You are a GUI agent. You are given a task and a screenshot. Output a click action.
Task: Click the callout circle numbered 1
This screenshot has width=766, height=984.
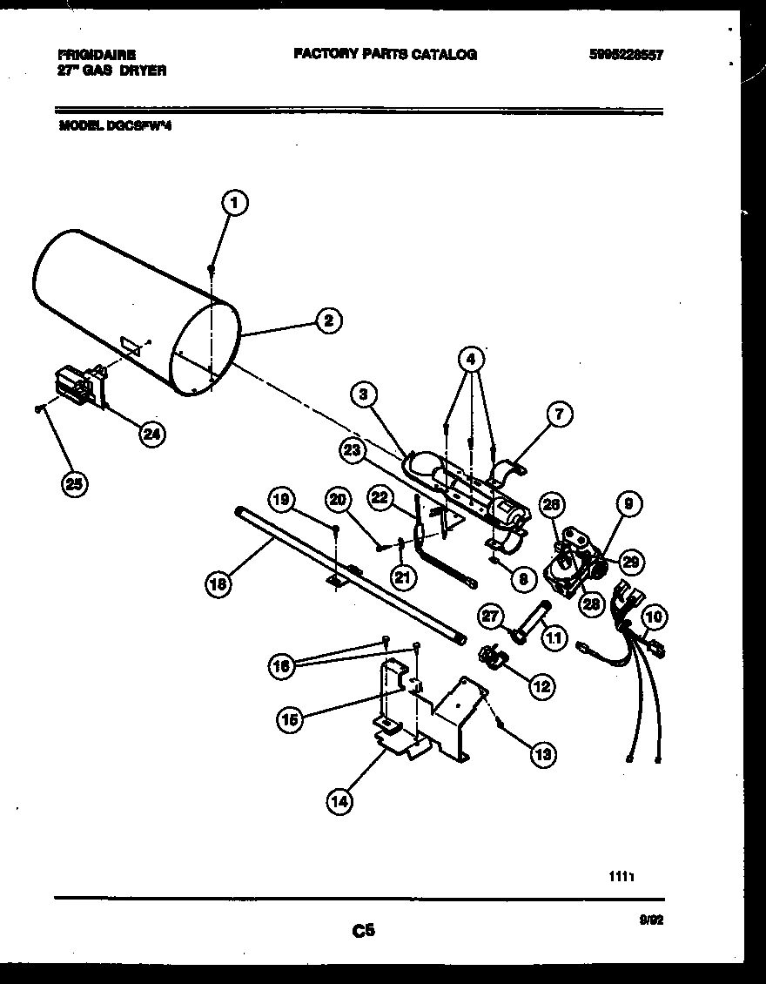(x=233, y=204)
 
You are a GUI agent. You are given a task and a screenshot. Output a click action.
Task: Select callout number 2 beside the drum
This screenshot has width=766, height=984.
(x=328, y=321)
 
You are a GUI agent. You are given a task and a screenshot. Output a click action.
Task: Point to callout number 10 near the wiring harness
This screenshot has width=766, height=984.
(x=655, y=617)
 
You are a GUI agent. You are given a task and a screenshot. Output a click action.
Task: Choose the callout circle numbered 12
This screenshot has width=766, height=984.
(x=541, y=687)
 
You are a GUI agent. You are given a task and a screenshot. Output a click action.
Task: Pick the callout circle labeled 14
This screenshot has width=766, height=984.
(x=340, y=802)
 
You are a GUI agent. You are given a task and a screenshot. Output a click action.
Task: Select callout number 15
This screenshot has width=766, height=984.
(x=292, y=719)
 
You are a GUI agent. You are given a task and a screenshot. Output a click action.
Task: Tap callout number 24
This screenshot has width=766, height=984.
(x=152, y=435)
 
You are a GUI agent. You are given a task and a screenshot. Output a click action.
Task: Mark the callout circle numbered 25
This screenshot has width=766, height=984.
(x=75, y=484)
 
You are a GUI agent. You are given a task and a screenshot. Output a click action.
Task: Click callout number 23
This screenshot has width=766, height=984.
(x=352, y=449)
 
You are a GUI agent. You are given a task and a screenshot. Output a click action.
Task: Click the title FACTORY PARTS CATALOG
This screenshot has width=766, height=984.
(x=385, y=54)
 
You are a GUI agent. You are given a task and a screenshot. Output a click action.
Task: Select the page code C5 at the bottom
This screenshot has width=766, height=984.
(x=363, y=931)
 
